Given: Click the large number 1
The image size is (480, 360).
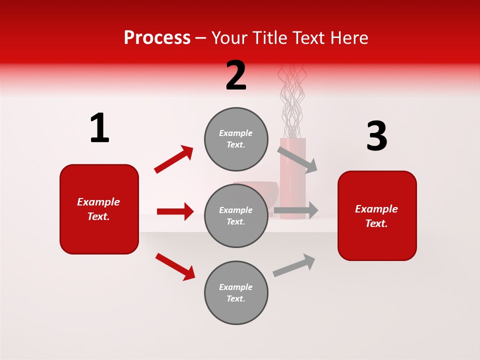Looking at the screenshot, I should point(99,128).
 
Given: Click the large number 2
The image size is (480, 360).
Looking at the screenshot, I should point(236,75).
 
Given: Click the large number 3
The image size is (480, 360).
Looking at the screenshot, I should point(376,136).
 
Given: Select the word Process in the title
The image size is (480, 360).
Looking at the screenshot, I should point(157,37).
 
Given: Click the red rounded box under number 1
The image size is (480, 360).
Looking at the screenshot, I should point(99,209).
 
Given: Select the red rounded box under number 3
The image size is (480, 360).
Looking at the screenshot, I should point(377,215).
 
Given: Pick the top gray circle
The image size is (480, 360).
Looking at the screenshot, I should point(236,139).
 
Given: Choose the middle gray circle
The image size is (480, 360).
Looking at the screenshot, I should point(236,215).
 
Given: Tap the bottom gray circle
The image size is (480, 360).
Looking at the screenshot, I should point(236,292).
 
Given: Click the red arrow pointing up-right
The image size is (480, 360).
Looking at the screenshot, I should point(174,159).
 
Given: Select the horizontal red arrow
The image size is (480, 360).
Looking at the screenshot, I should point(175,211).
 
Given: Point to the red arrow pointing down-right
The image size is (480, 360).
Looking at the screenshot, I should point(175,266).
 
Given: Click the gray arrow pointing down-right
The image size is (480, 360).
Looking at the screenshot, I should point(298,159).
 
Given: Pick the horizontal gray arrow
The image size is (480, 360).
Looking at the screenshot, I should point(296,210).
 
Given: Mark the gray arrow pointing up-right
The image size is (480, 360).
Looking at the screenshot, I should point(294,265).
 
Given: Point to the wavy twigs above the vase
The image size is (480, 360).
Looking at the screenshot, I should point(292,100).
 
